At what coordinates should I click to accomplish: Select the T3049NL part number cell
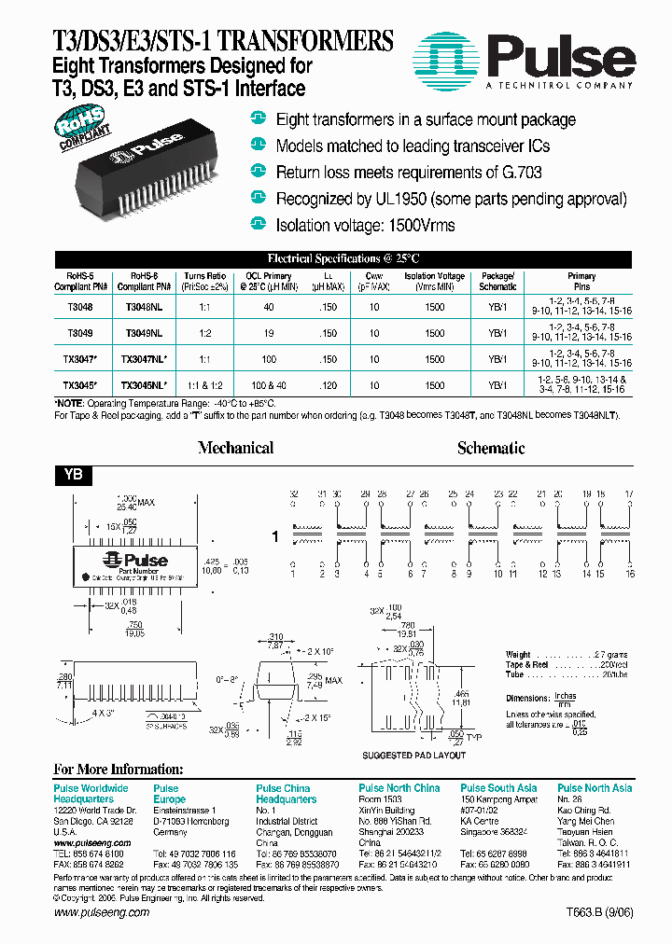(x=144, y=332)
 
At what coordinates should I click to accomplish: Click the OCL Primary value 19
(x=269, y=332)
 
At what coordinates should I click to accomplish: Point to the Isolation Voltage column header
(x=435, y=281)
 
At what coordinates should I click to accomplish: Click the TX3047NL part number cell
(x=144, y=358)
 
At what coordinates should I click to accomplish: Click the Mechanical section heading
(x=235, y=448)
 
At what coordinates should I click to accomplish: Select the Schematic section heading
(x=491, y=448)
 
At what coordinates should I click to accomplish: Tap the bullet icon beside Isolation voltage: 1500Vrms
(x=259, y=223)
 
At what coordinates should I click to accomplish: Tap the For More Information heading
(x=119, y=770)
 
